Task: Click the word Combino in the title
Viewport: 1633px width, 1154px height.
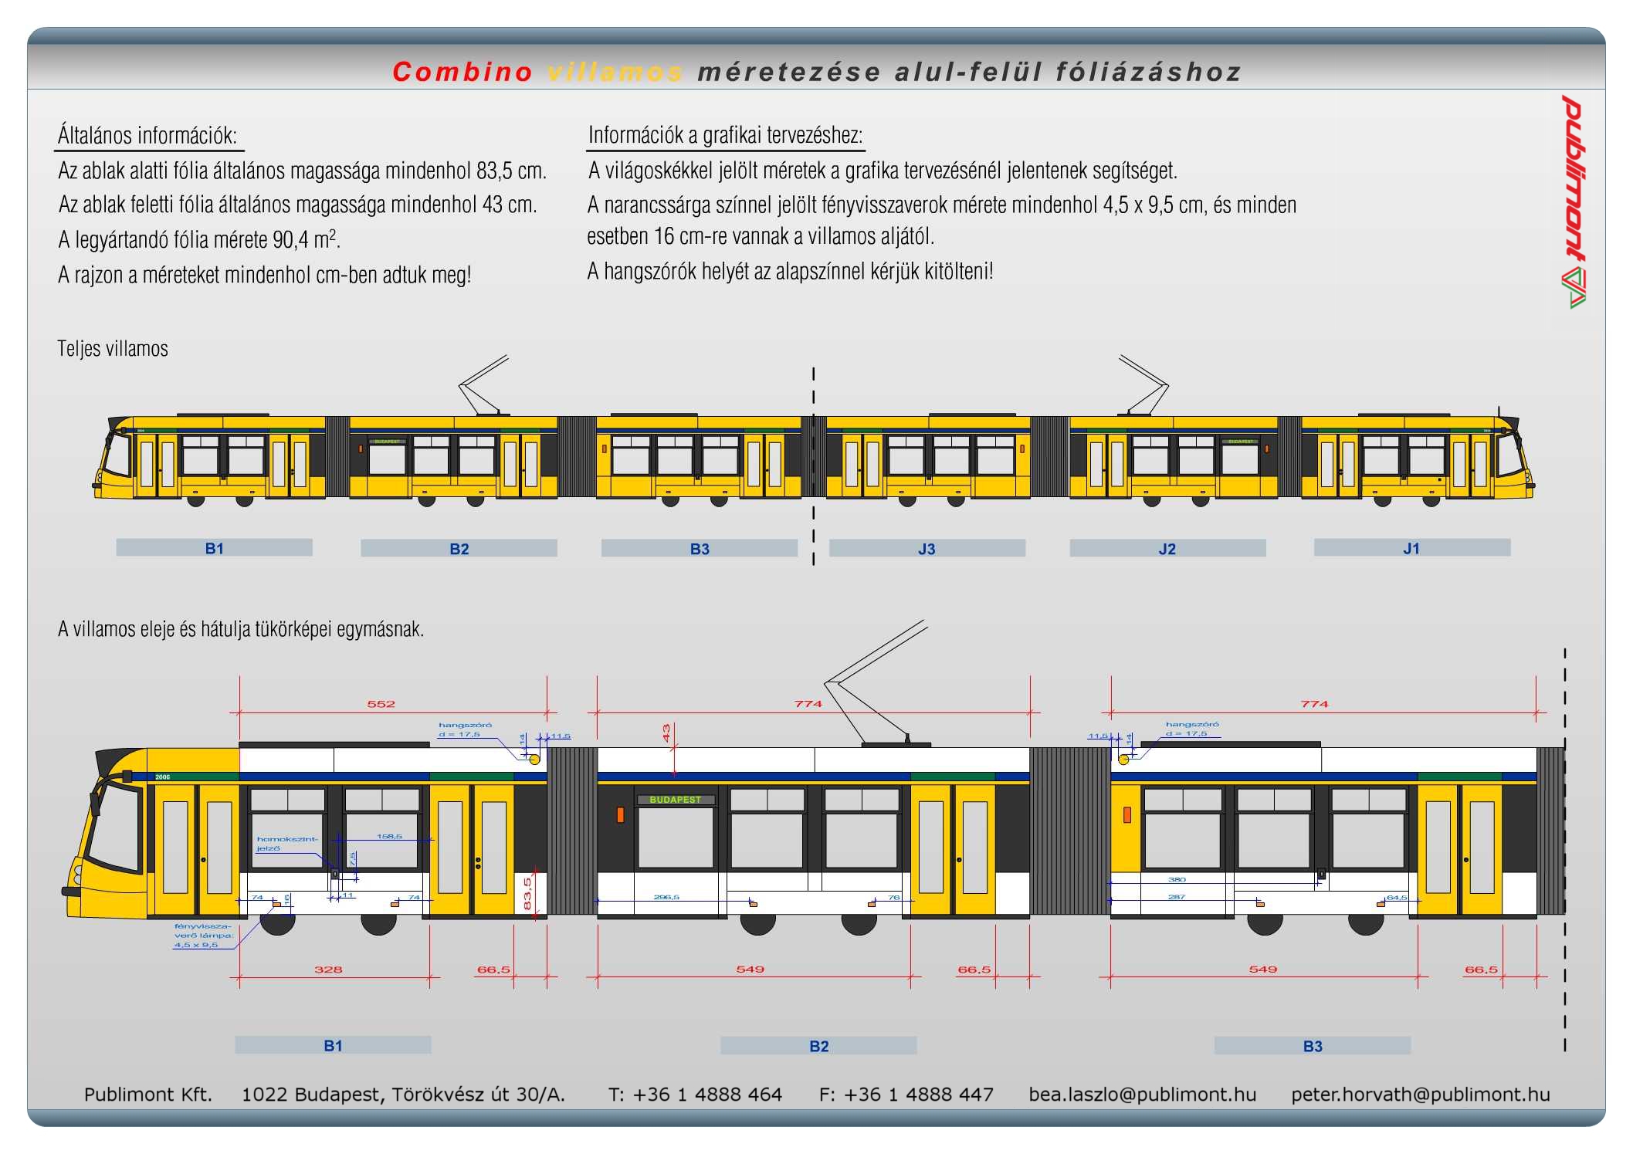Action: click(462, 72)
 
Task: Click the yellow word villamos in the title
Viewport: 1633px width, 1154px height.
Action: click(615, 72)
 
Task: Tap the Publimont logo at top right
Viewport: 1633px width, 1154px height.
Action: click(1574, 201)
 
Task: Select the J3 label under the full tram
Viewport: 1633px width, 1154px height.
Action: click(927, 549)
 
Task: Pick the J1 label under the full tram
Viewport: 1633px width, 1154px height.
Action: click(1411, 548)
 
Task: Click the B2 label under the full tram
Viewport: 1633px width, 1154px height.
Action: click(459, 549)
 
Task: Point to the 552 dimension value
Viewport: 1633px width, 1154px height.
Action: click(381, 704)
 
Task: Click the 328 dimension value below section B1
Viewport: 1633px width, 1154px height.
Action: click(328, 970)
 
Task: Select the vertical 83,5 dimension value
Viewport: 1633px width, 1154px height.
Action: click(528, 893)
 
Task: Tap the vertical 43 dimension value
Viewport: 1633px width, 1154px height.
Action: click(666, 733)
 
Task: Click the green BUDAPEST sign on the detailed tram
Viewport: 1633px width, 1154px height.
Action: click(675, 800)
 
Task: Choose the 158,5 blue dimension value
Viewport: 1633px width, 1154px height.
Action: click(389, 836)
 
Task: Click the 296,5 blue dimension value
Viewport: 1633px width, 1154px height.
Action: click(666, 897)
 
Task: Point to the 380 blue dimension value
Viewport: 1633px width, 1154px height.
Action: click(1177, 879)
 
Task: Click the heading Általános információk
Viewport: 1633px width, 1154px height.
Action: click(147, 136)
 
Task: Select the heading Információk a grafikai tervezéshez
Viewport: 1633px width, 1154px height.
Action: click(725, 135)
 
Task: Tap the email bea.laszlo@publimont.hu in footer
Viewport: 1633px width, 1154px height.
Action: click(1142, 1094)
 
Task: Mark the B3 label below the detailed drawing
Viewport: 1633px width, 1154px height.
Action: click(1313, 1046)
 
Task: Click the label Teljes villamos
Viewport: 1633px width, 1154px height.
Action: click(113, 349)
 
